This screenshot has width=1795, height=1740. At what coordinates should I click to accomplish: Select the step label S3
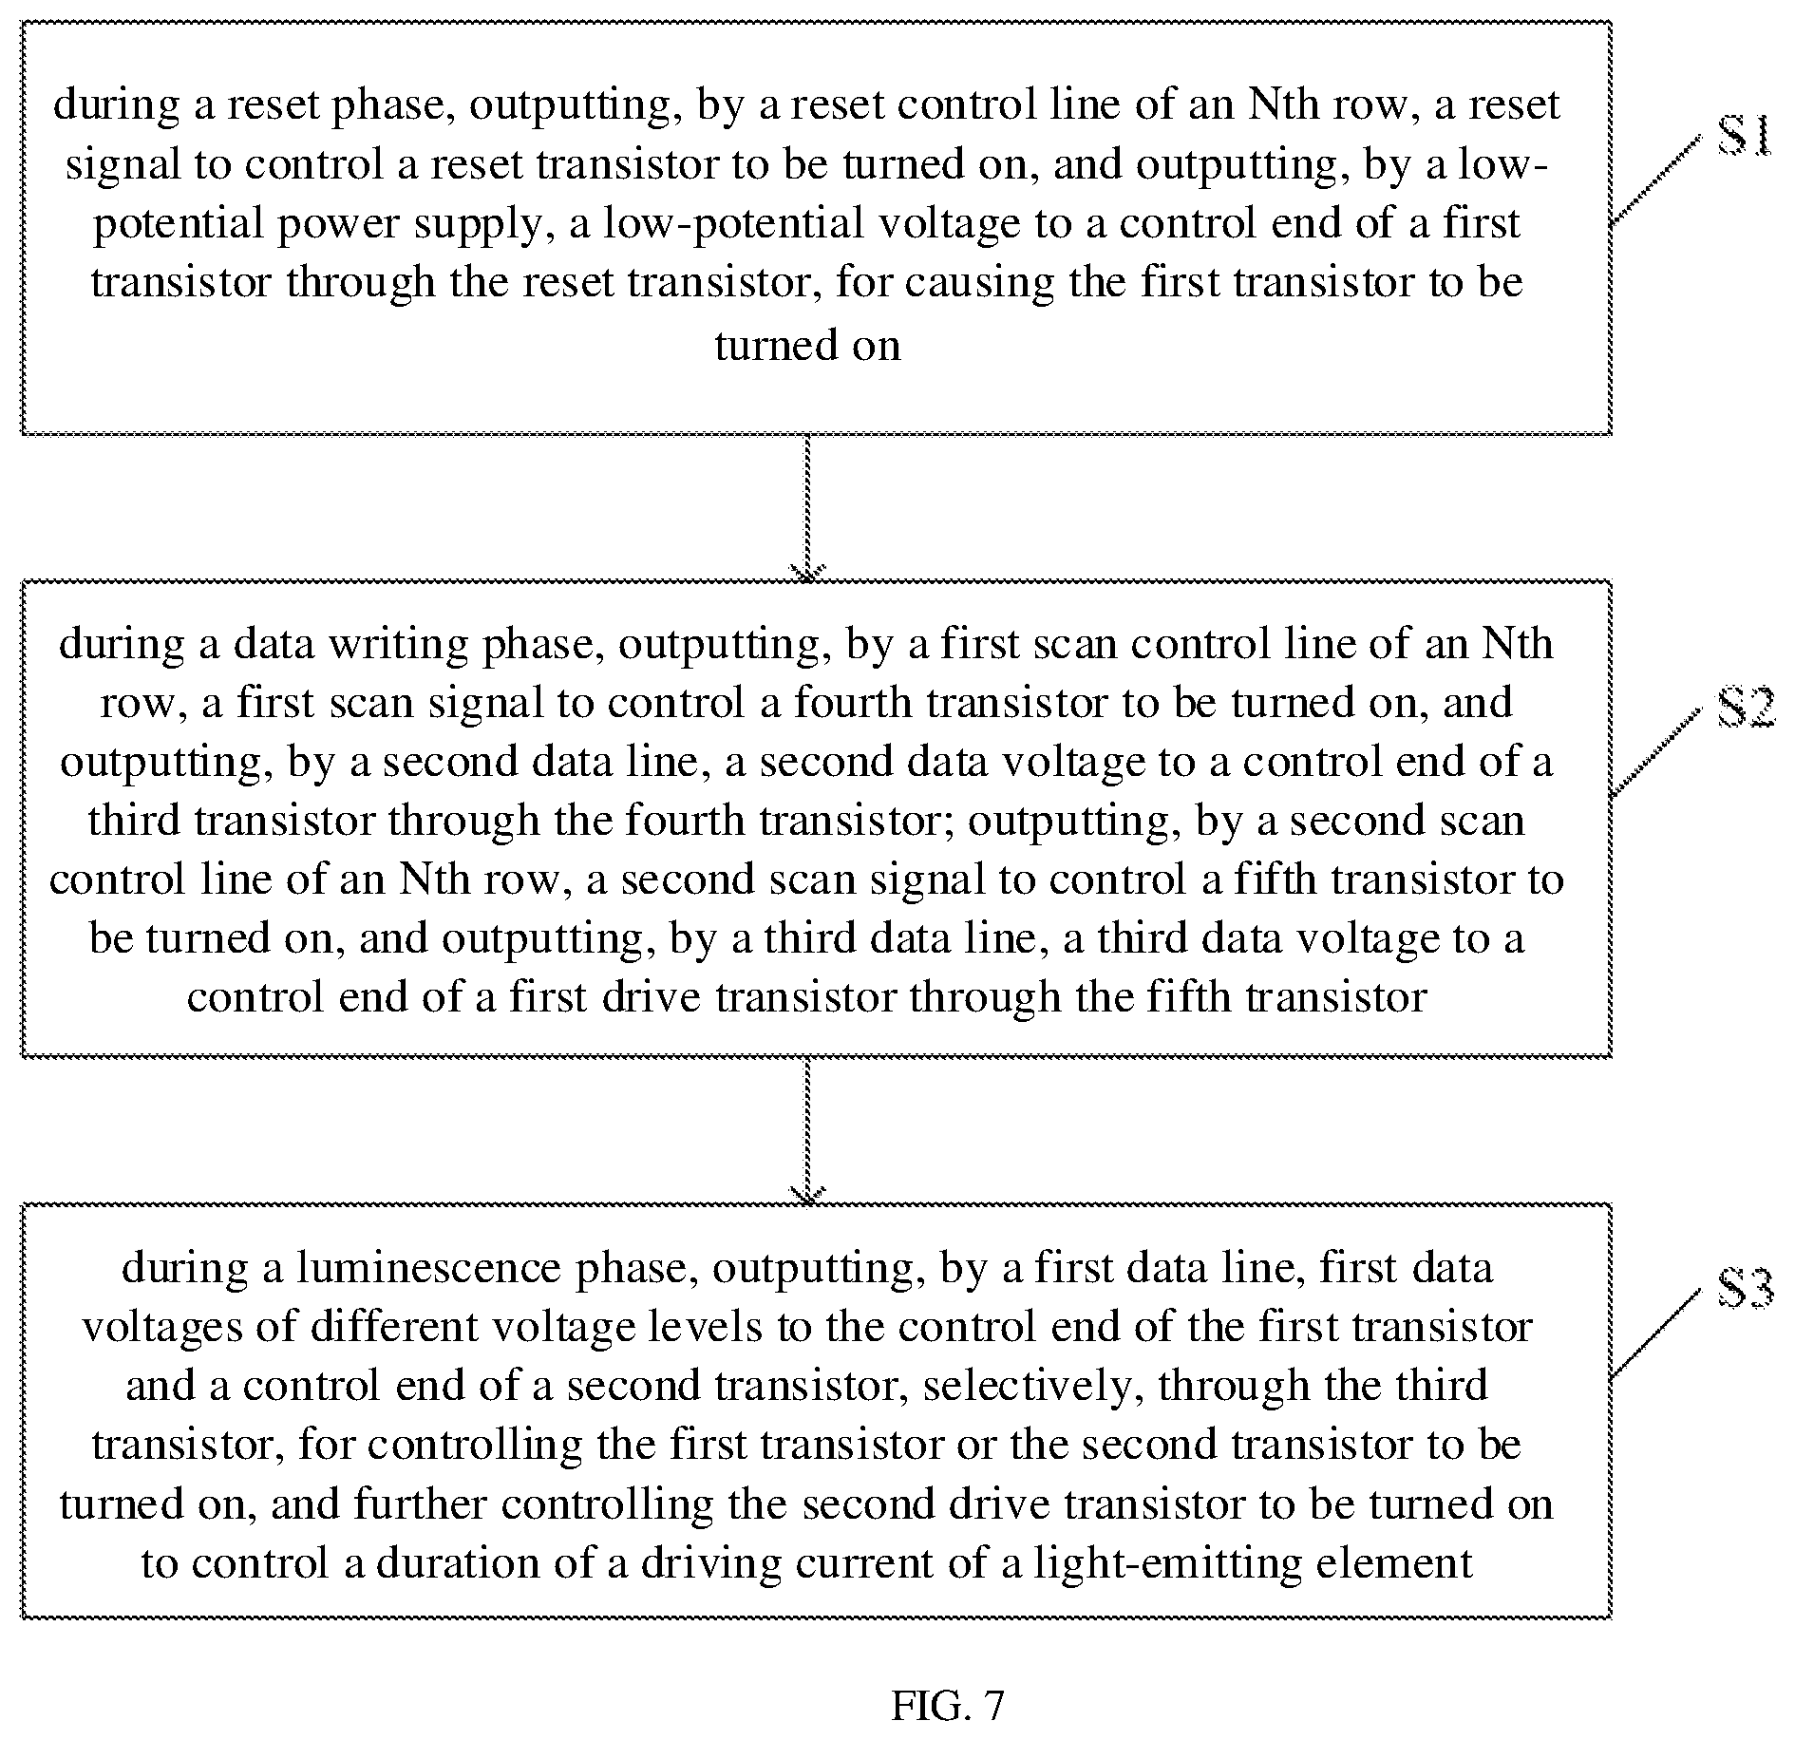tap(1746, 1290)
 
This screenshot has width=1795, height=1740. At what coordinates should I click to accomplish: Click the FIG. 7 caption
tap(947, 1706)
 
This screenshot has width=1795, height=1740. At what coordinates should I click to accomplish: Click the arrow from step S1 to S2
tap(807, 507)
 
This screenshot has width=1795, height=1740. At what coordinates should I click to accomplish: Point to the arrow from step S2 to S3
tap(807, 1130)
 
